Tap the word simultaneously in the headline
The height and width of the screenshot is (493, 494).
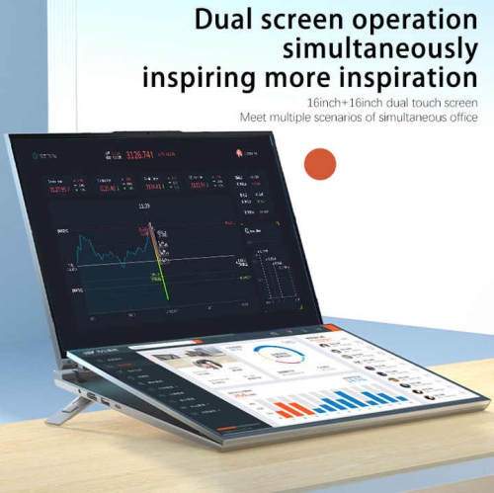pos(379,47)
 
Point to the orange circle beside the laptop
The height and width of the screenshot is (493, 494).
pos(320,163)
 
